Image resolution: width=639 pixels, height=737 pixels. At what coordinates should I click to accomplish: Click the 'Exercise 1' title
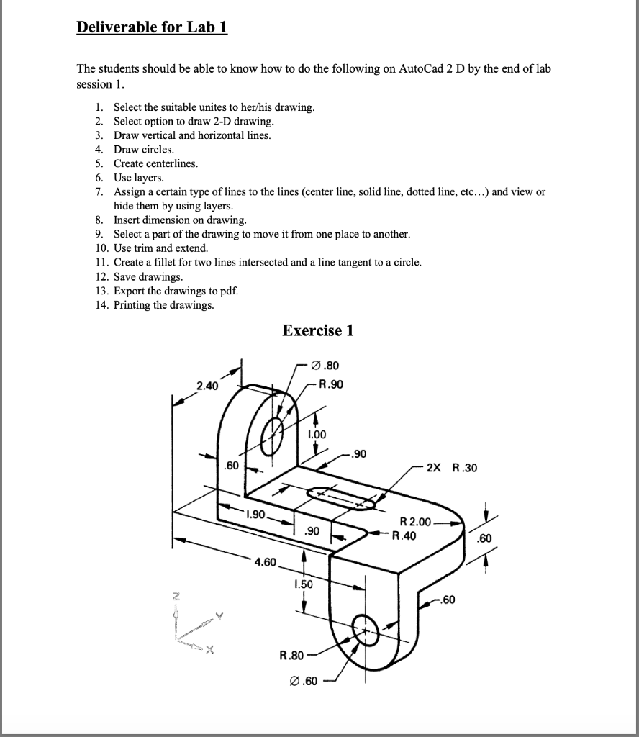318,330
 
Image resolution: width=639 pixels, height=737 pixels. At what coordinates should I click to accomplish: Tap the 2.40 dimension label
207,386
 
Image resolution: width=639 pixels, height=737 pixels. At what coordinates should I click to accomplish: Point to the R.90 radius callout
330,384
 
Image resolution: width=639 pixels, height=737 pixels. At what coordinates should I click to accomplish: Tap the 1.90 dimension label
255,515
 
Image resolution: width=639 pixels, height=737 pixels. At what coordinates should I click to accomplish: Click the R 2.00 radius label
415,522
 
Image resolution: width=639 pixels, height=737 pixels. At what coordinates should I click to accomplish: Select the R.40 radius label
404,535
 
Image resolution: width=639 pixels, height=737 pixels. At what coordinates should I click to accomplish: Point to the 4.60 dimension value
265,561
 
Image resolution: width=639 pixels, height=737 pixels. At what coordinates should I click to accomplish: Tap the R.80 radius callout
291,656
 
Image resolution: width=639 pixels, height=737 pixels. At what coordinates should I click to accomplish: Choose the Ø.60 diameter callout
302,682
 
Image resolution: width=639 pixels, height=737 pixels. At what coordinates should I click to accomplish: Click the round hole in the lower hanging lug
365,631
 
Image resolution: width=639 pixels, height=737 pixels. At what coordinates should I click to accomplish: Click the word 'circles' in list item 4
159,149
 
